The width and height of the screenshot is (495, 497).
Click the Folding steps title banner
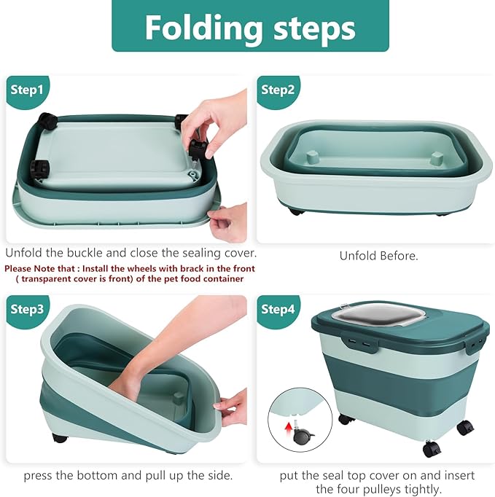click(x=250, y=27)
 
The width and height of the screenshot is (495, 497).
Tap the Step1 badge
click(x=27, y=90)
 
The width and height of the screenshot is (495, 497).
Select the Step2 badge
click(x=277, y=90)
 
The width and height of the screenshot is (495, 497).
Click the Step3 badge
click(x=27, y=309)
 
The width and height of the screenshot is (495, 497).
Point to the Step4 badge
click(x=277, y=309)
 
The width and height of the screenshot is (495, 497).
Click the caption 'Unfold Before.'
click(x=378, y=256)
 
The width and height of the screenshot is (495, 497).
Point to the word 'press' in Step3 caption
click(x=39, y=475)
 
